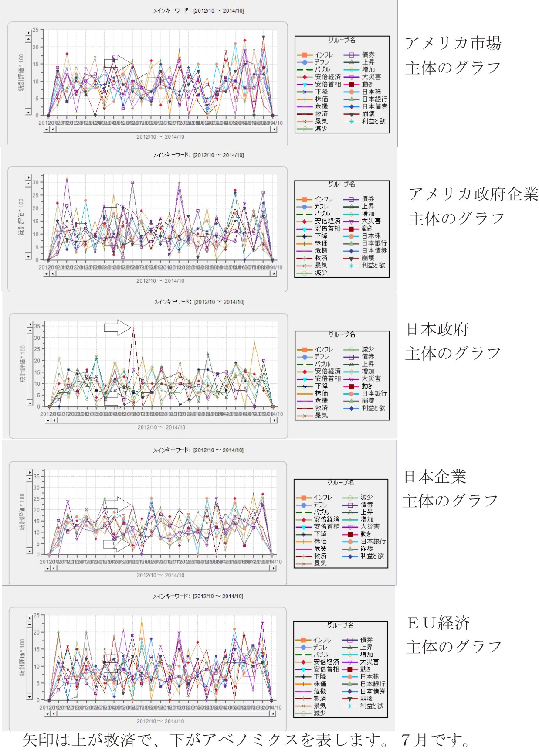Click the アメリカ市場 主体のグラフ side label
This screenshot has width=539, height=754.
pyautogui.click(x=453, y=55)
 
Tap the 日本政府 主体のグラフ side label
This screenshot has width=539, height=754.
pyautogui.click(x=453, y=341)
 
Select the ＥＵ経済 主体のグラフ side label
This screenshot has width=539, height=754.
pyautogui.click(x=453, y=635)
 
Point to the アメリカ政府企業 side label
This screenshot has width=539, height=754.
pyautogui.click(x=473, y=194)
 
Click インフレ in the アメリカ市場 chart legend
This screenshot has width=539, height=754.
pyautogui.click(x=323, y=55)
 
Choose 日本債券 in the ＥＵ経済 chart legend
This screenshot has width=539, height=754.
pyautogui.click(x=373, y=691)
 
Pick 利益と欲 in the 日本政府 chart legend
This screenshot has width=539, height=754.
pyautogui.click(x=373, y=408)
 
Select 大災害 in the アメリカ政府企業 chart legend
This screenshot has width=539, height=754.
pyautogui.click(x=371, y=221)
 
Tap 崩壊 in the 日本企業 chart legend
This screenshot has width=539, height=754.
pyautogui.click(x=366, y=549)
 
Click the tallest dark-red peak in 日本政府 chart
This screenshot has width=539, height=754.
pyautogui.click(x=133, y=329)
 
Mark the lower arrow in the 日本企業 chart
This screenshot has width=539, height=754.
pyautogui.click(x=117, y=545)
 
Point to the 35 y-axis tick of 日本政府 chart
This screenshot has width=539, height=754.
pyautogui.click(x=37, y=326)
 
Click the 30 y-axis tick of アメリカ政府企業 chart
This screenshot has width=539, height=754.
pyautogui.click(x=35, y=182)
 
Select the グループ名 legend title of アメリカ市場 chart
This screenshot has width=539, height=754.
pyautogui.click(x=342, y=40)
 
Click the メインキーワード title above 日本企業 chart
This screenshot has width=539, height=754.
pyautogui.click(x=198, y=450)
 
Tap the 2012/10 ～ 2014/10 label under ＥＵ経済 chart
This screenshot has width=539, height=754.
pyautogui.click(x=160, y=721)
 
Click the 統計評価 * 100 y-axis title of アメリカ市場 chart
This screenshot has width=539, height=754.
pyautogui.click(x=21, y=72)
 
